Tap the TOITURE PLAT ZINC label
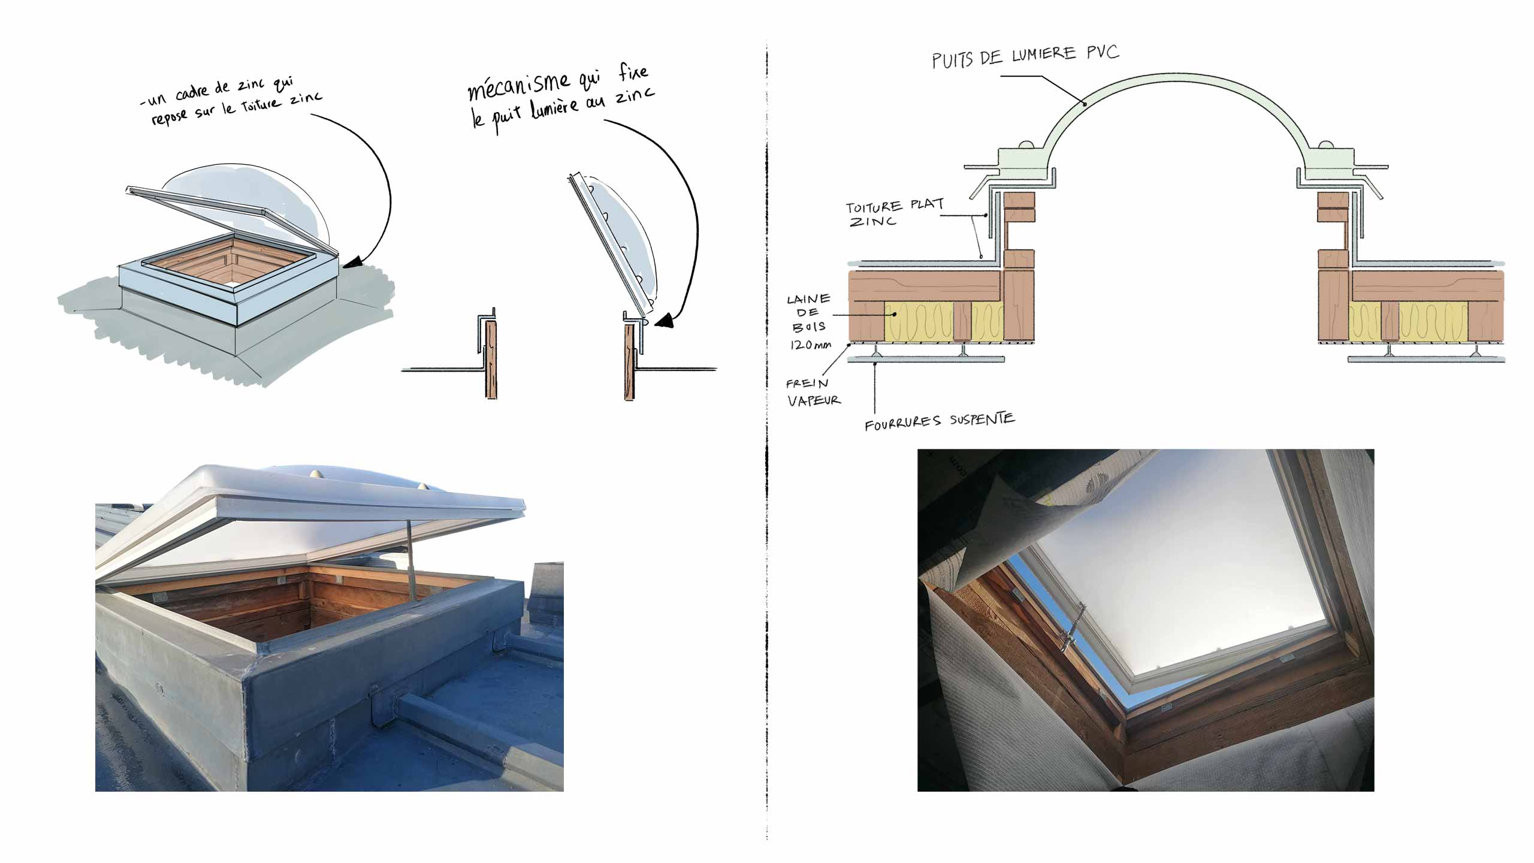[894, 213]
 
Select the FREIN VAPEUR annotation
[813, 392]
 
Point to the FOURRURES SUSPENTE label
[939, 421]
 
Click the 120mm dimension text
[810, 345]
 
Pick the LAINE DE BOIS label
[809, 313]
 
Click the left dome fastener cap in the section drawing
[1025, 145]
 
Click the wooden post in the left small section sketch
[491, 360]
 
